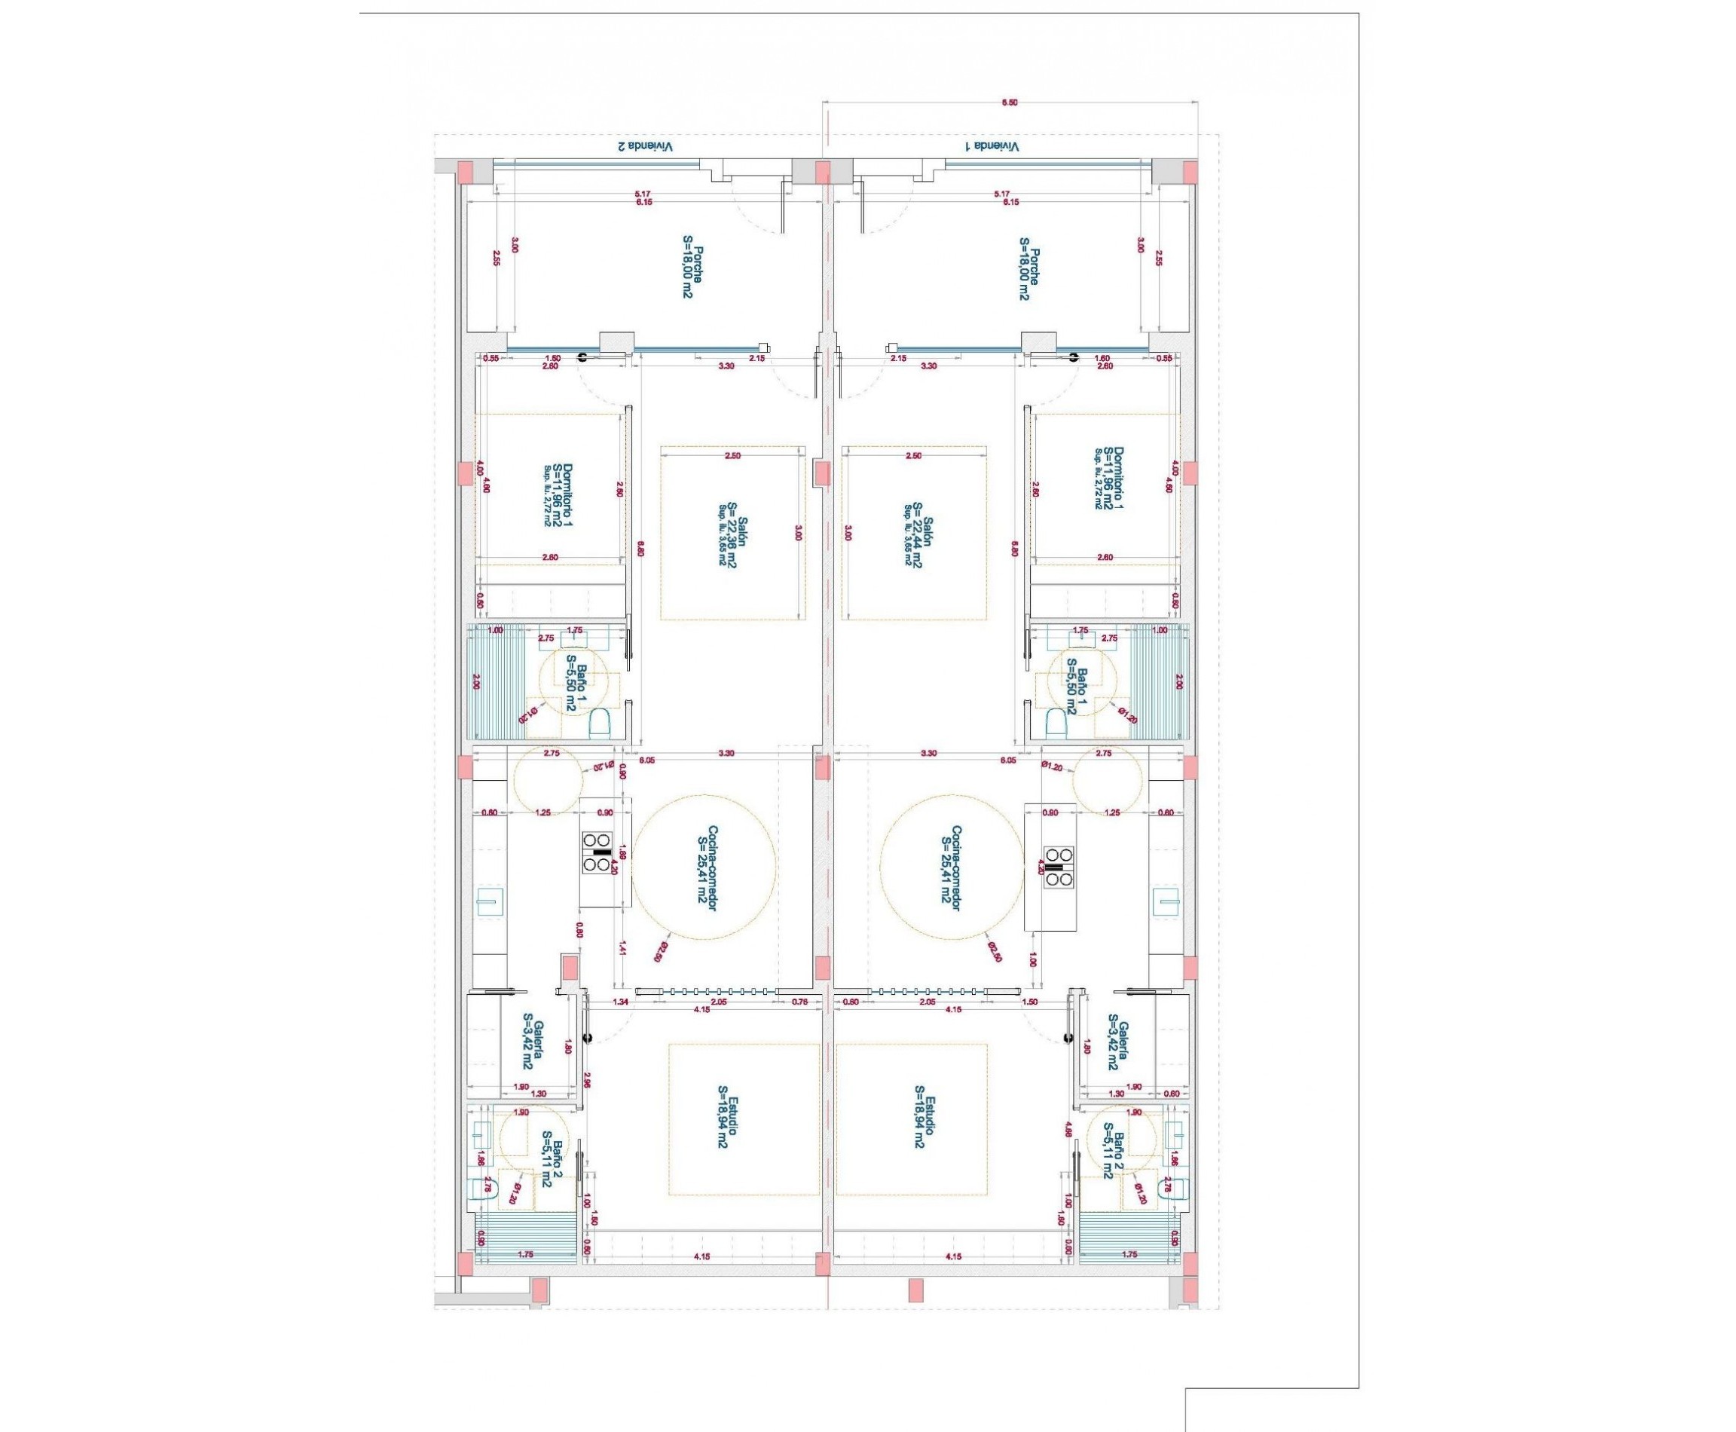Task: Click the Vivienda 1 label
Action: coord(992,146)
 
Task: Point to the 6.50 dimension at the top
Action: coord(1009,103)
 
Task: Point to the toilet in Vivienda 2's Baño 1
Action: coord(600,724)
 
